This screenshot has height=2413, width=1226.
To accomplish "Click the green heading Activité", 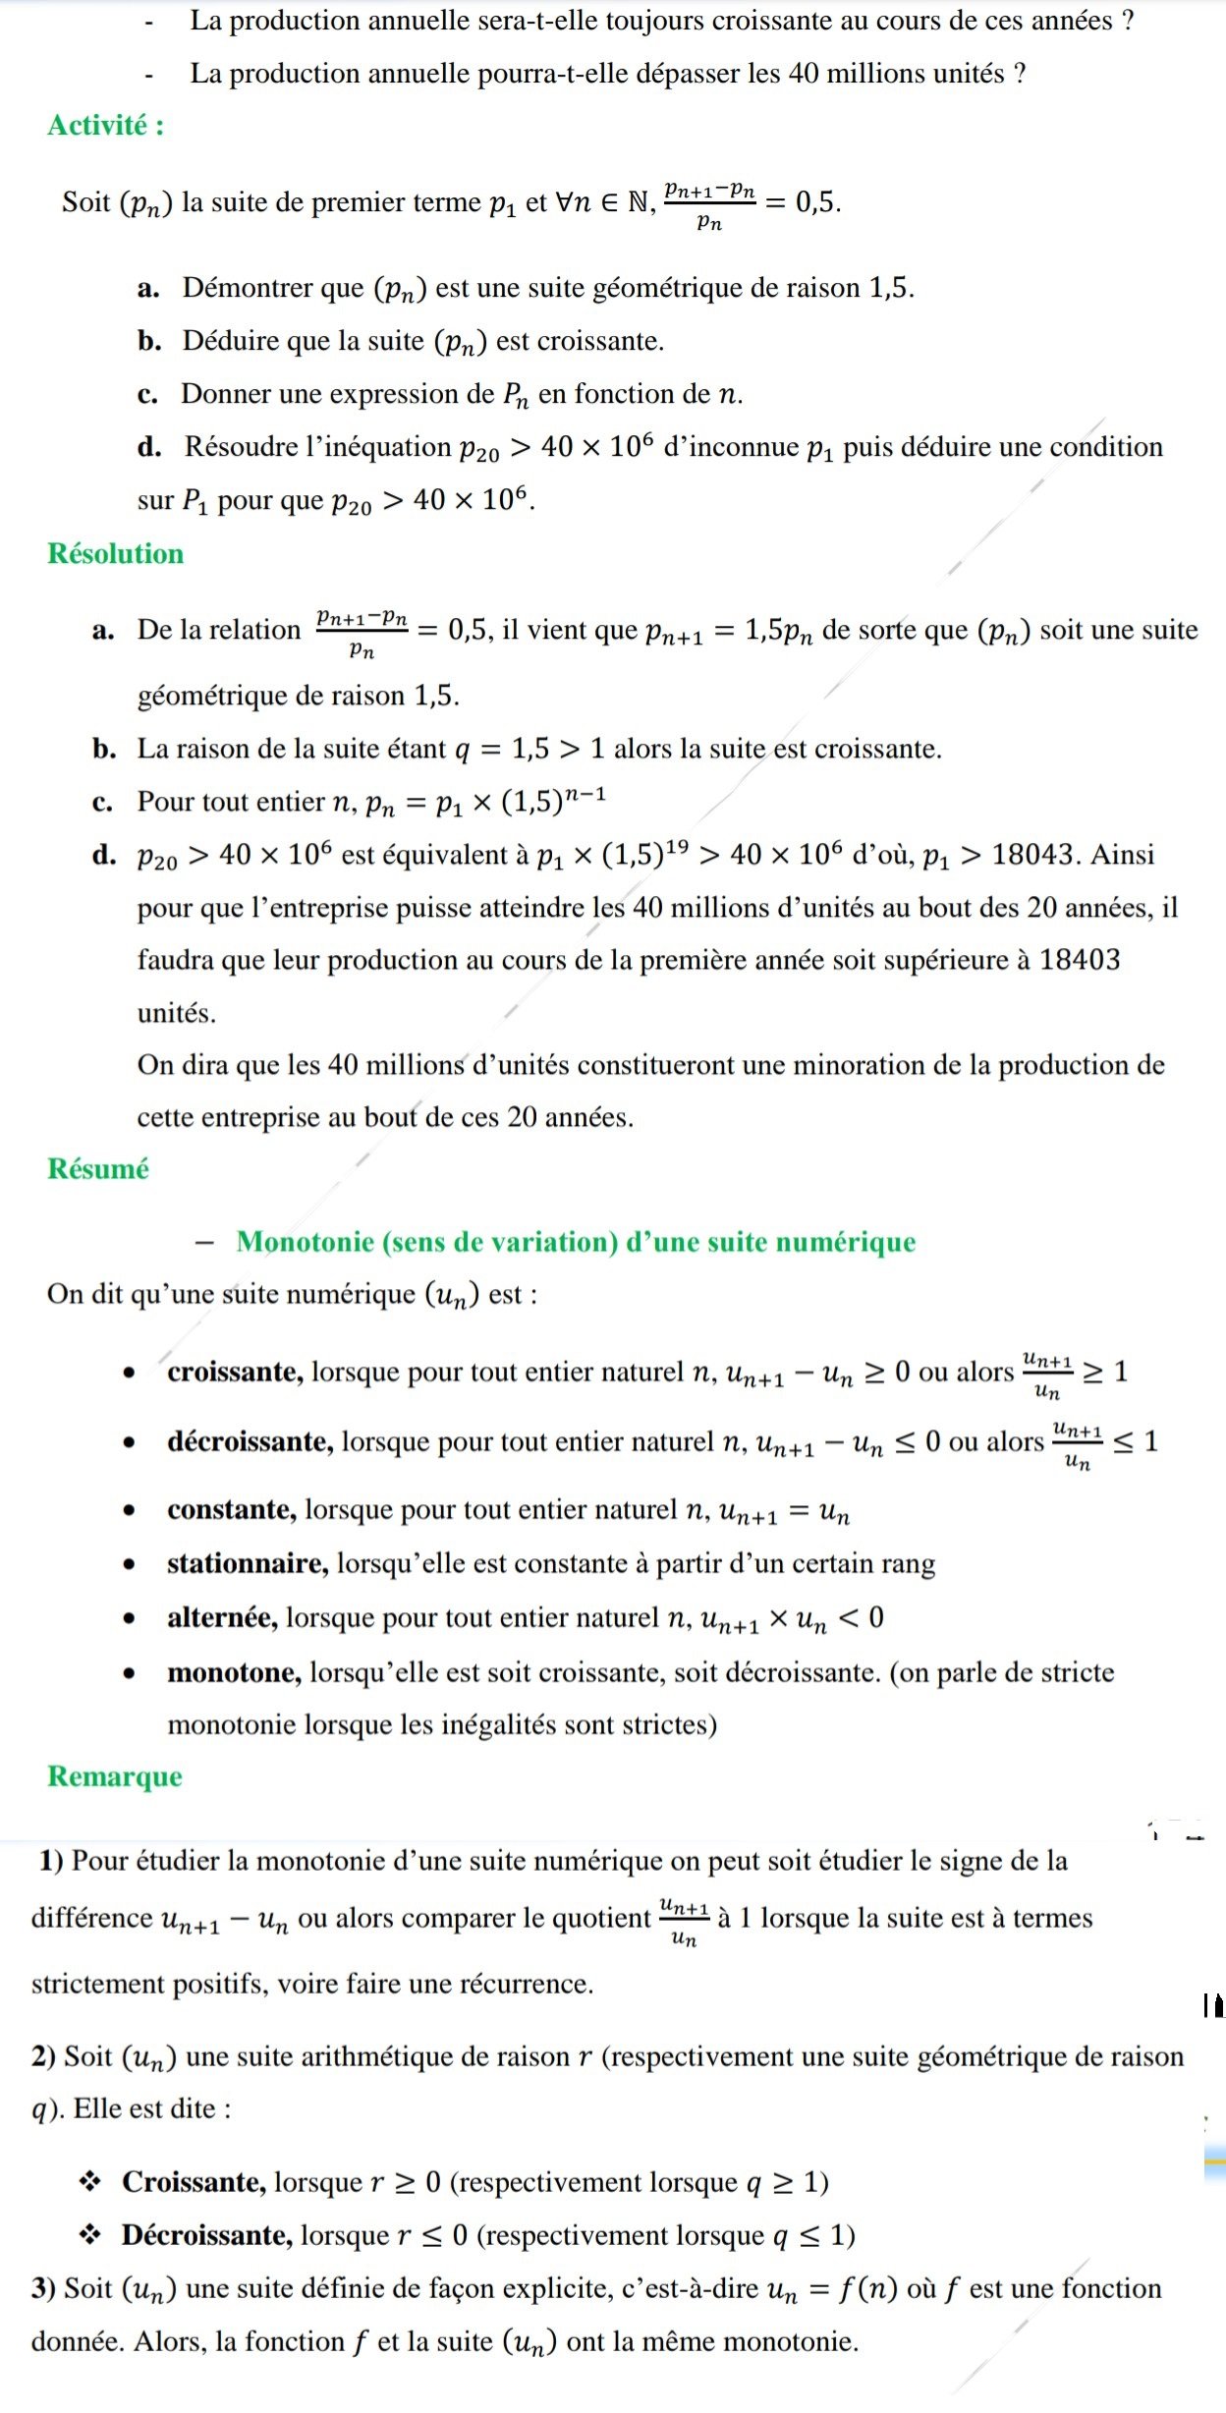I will click(105, 126).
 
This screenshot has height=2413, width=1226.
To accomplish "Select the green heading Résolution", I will click(115, 554).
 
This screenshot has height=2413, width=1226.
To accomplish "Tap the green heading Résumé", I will click(97, 1169).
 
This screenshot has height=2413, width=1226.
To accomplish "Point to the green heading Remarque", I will click(114, 1776).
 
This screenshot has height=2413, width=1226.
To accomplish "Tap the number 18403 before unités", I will click(1079, 960).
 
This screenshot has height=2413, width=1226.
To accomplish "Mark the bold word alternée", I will click(222, 1617).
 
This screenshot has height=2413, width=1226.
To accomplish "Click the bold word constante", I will click(232, 1510).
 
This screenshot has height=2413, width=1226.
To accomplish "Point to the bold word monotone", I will click(234, 1672).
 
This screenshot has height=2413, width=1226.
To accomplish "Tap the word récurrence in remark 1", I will click(530, 1984).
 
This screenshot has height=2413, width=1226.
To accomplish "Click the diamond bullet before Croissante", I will click(90, 2182).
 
